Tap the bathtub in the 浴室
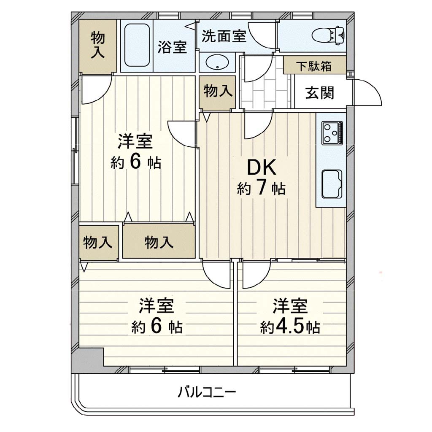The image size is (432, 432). pyautogui.click(x=137, y=45)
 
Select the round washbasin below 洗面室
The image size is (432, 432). pyautogui.click(x=217, y=63)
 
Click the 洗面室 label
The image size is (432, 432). pyautogui.click(x=224, y=36)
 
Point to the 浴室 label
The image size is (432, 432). pyautogui.click(x=172, y=47)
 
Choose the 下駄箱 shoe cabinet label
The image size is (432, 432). pyautogui.click(x=314, y=66)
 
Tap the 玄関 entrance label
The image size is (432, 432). pyautogui.click(x=320, y=93)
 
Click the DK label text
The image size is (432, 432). pyautogui.click(x=261, y=168)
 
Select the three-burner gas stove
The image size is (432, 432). pyautogui.click(x=332, y=133)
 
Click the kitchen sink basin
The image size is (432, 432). pyautogui.click(x=332, y=184)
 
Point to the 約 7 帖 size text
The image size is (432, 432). pyautogui.click(x=261, y=189)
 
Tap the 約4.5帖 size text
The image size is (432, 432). pyautogui.click(x=290, y=327)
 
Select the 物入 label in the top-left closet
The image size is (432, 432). pyautogui.click(x=98, y=45)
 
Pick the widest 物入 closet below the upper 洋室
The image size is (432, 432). pyautogui.click(x=159, y=242)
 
